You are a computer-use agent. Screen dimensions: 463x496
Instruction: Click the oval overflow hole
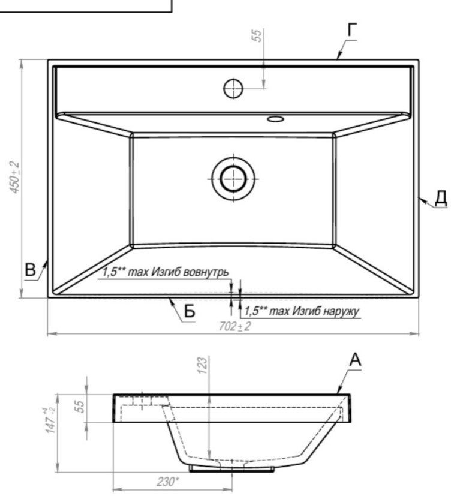tap(275, 119)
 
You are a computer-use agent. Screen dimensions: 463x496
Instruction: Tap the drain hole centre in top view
tap(233, 179)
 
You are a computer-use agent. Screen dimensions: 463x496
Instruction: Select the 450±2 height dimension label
tap(14, 178)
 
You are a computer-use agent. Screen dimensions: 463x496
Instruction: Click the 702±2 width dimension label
tap(234, 326)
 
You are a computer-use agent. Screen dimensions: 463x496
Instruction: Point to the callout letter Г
tap(352, 30)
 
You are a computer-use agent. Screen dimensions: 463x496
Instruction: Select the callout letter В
tap(31, 270)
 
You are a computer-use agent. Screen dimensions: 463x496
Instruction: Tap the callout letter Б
tap(190, 311)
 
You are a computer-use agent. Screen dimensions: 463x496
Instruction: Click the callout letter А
tap(355, 360)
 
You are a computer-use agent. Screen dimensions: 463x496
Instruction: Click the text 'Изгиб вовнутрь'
tap(190, 272)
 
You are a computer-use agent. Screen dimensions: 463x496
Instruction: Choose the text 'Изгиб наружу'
tap(326, 311)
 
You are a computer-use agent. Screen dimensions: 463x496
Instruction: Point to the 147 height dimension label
tap(50, 420)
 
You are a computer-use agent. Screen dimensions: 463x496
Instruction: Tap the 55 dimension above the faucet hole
tap(257, 35)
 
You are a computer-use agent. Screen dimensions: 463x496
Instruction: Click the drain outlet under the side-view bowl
tap(232, 469)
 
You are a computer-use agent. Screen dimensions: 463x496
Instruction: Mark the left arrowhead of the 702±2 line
tap(52, 333)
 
